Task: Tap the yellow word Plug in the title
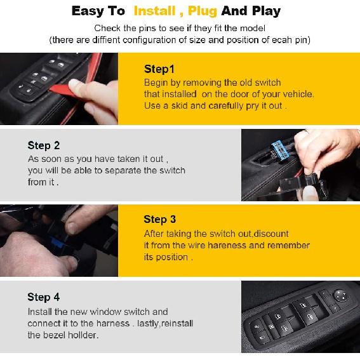click(x=202, y=11)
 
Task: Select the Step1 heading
click(x=159, y=69)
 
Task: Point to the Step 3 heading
click(x=159, y=219)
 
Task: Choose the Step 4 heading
click(x=44, y=297)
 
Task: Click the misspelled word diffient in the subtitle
click(x=114, y=40)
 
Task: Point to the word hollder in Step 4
click(x=83, y=335)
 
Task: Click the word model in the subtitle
click(x=250, y=28)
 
